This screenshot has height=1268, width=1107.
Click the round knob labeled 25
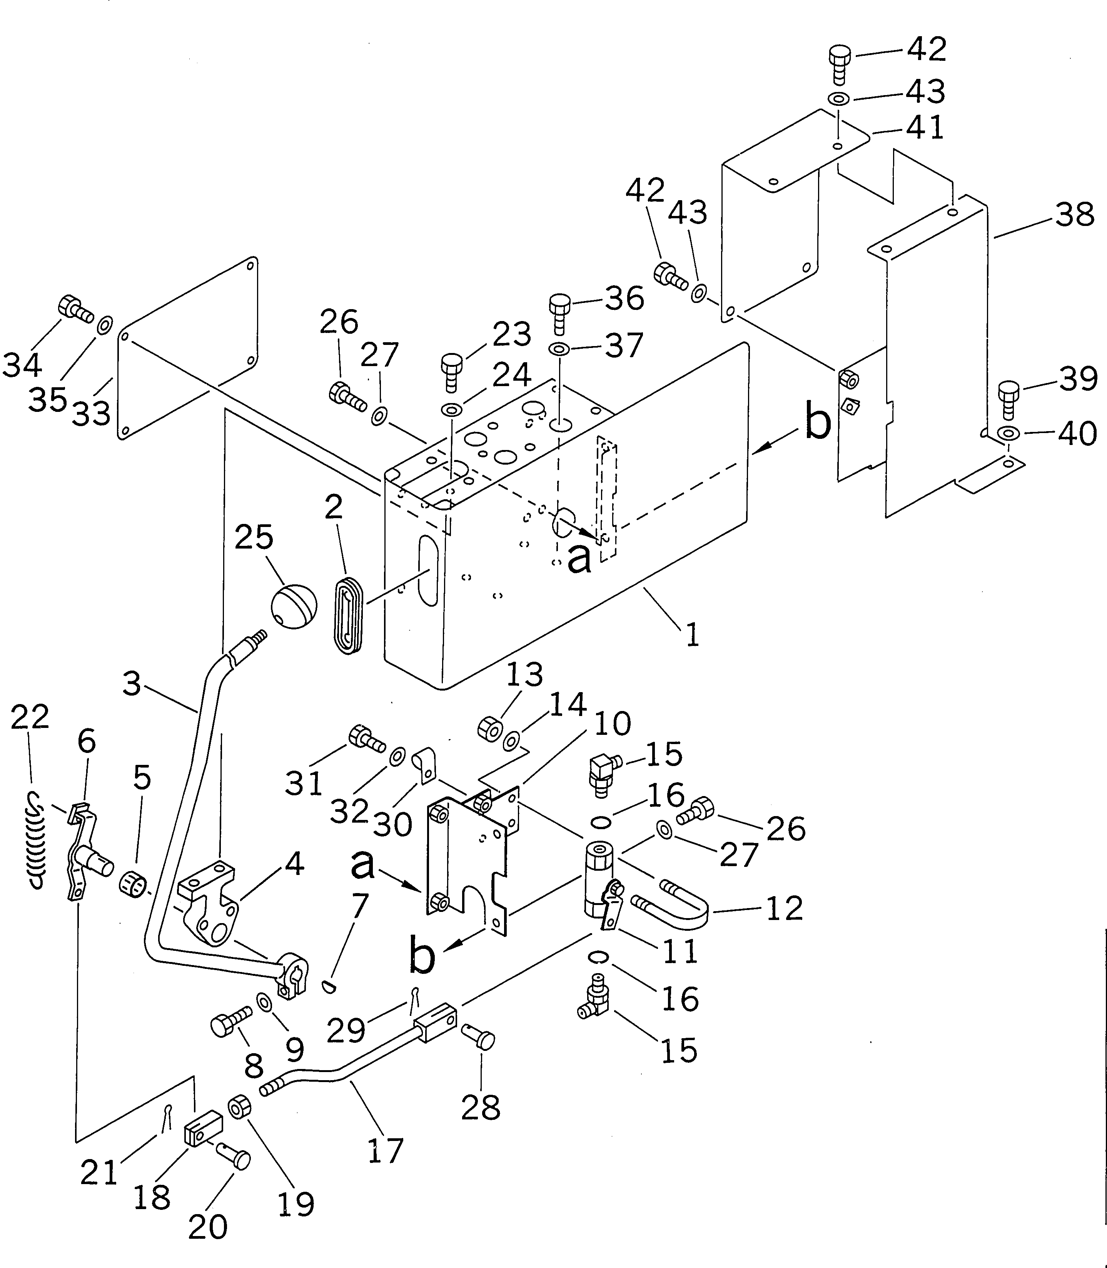coord(294,606)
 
